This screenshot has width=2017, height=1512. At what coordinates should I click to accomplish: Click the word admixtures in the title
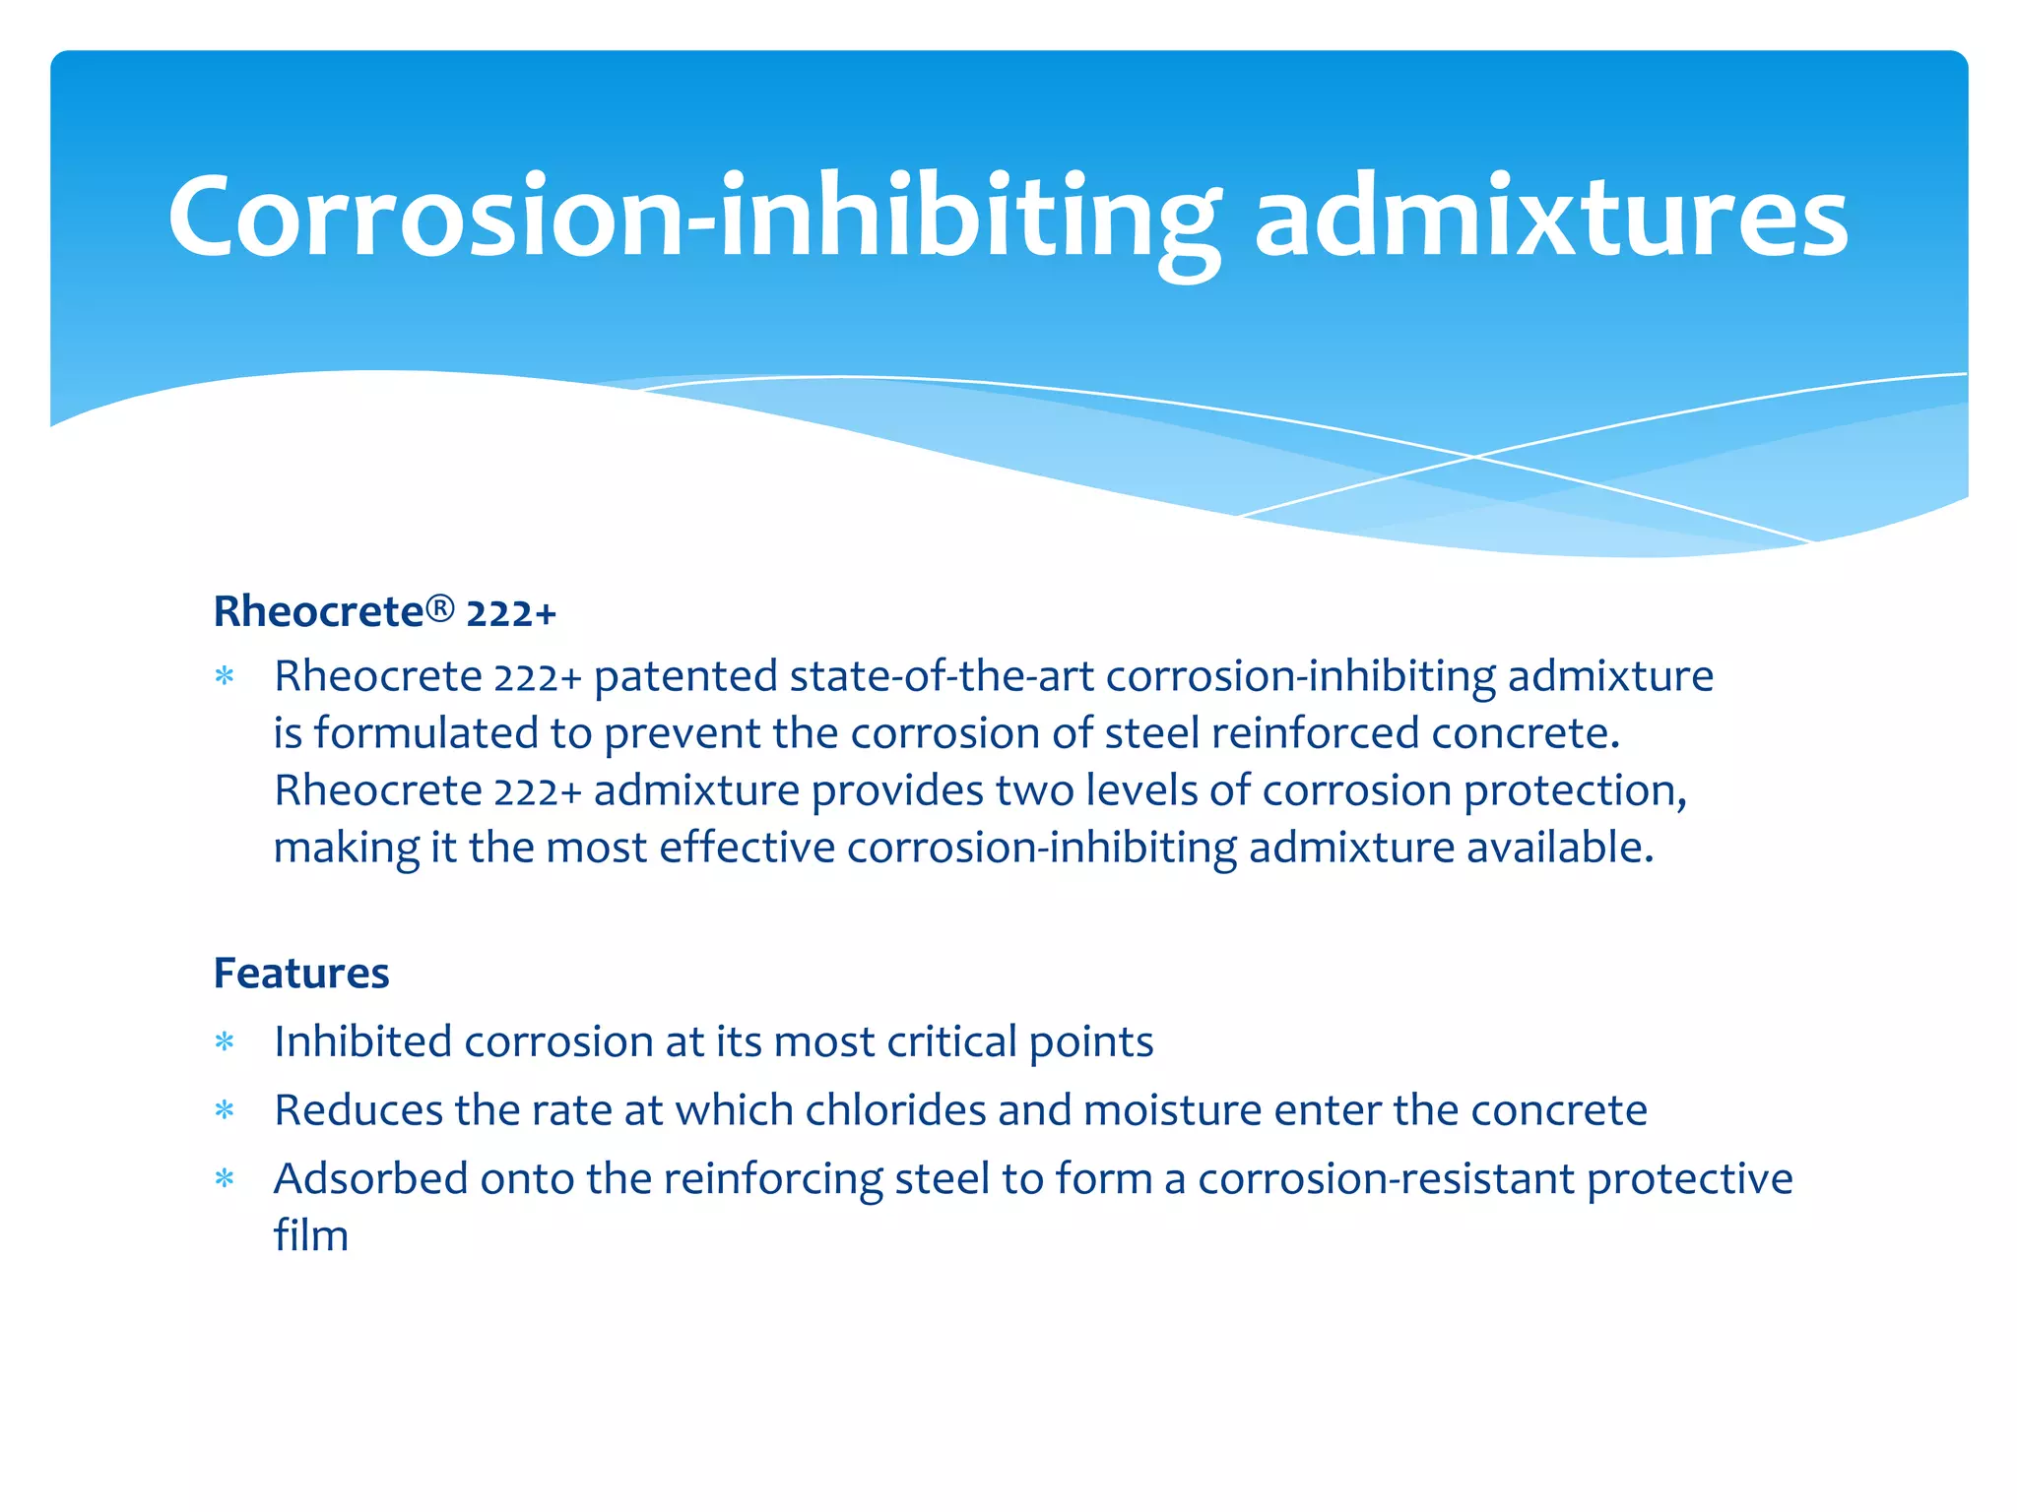(1551, 217)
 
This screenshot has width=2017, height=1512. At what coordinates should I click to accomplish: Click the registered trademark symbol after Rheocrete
(440, 609)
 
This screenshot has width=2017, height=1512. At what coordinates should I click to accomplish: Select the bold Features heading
(301, 974)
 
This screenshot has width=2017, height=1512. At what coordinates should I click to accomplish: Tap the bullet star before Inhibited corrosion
(226, 1042)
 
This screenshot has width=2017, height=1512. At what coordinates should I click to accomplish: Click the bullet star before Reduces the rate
(226, 1111)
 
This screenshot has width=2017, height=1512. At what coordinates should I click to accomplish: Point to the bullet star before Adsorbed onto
(226, 1179)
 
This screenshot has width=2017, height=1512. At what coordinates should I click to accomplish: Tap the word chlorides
(895, 1110)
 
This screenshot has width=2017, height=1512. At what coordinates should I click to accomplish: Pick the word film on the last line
(311, 1236)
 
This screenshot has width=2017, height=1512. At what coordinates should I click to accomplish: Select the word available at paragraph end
(1559, 848)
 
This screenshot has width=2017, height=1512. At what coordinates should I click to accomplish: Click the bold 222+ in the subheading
(511, 613)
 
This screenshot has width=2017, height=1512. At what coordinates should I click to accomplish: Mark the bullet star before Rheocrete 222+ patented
(226, 677)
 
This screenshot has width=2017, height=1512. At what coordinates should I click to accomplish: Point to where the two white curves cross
(1474, 457)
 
